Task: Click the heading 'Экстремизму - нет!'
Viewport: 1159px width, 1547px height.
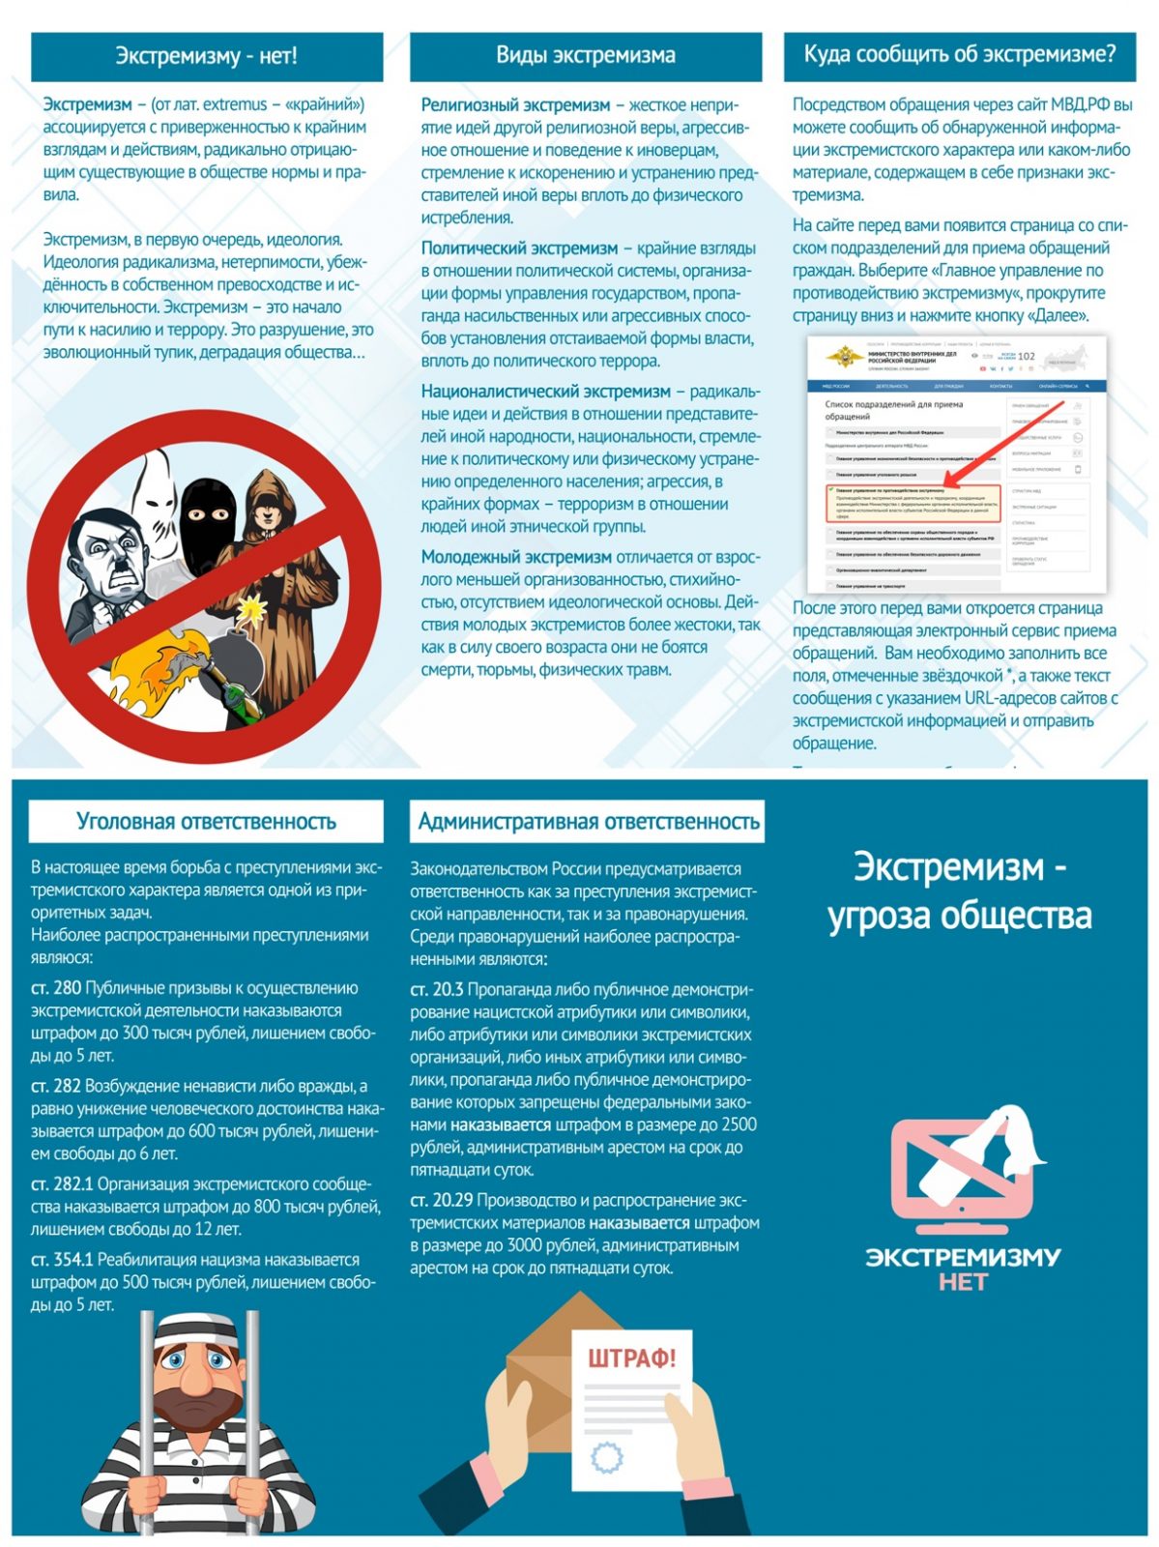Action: click(x=206, y=56)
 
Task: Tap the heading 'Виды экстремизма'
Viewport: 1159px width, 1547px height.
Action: click(x=585, y=55)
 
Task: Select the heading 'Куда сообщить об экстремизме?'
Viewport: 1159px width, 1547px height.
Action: click(x=959, y=54)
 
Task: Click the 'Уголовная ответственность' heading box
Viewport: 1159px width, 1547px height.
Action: click(x=206, y=822)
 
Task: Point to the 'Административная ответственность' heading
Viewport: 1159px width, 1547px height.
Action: click(x=588, y=822)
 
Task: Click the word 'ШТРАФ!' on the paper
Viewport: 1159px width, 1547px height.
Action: click(x=632, y=1357)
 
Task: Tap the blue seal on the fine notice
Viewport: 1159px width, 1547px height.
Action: click(x=606, y=1455)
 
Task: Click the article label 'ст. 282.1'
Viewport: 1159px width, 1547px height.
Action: click(x=62, y=1184)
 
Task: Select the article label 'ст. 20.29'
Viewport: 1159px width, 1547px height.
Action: click(x=441, y=1200)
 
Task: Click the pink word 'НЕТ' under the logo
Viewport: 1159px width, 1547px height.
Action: click(x=963, y=1282)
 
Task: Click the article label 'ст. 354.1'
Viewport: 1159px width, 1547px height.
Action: click(x=62, y=1260)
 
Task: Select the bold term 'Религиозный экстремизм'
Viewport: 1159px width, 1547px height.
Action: click(x=515, y=105)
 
